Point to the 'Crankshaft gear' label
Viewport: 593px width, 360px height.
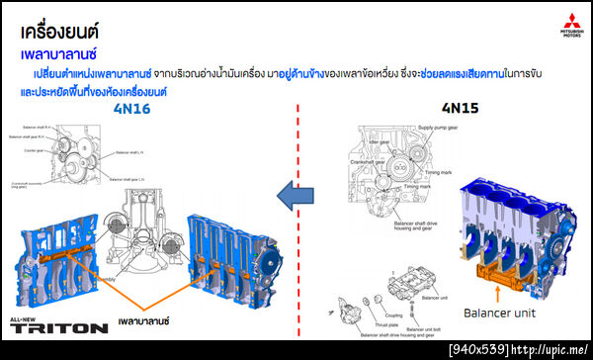coord(367,161)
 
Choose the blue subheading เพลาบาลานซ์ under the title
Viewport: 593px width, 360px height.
coord(65,52)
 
